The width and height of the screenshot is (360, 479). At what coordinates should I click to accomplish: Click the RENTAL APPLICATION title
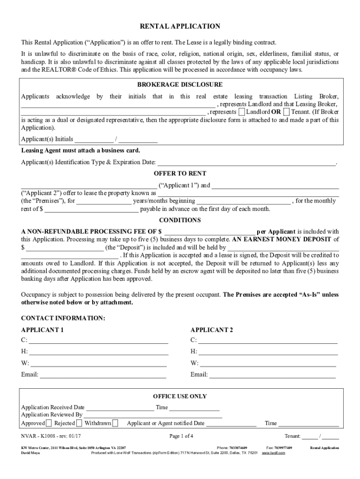[x=180, y=27]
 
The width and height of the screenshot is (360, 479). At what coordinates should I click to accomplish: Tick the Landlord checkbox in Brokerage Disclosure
[x=241, y=112]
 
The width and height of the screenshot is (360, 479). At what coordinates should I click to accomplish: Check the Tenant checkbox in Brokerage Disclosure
[x=286, y=112]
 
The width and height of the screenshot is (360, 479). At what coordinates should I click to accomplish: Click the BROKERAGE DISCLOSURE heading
[x=180, y=85]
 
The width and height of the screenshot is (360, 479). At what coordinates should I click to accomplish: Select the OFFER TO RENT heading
[x=180, y=174]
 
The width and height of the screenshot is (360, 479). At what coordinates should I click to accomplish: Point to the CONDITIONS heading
[x=180, y=220]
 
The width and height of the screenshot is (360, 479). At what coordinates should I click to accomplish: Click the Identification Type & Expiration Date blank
[x=246, y=163]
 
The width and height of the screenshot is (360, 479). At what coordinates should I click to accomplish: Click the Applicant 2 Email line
[x=272, y=375]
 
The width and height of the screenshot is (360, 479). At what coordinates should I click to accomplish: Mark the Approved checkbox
[x=49, y=423]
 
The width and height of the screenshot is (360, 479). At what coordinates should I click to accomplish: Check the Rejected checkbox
[x=79, y=423]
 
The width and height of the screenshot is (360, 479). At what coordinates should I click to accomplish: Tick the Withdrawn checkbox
[x=115, y=423]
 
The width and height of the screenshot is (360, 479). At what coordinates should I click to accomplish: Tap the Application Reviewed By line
[x=153, y=415]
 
